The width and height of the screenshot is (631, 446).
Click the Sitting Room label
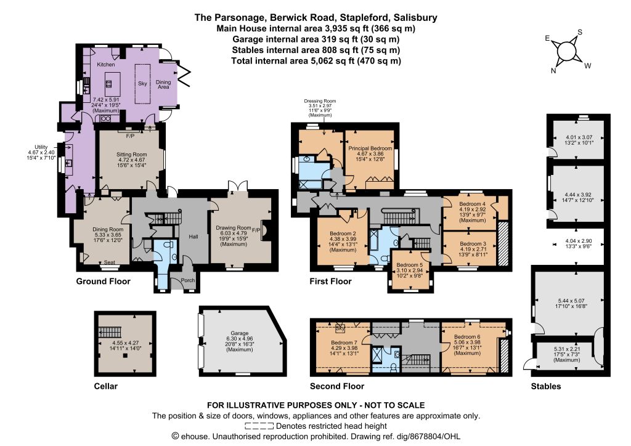click(132, 155)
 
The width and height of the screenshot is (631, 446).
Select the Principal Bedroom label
click(370, 148)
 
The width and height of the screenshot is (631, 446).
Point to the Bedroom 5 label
click(410, 265)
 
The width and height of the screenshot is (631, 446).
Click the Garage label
click(240, 333)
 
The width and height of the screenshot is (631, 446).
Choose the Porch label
click(188, 280)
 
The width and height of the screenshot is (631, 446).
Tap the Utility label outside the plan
click(41, 147)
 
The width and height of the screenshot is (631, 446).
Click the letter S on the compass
click(580, 32)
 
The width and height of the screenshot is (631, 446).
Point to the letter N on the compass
click(554, 71)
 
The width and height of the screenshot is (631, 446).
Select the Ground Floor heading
click(104, 281)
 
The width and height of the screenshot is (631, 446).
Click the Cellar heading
click(106, 386)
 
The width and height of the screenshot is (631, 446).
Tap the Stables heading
click(546, 386)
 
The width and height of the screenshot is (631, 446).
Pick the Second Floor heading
click(337, 386)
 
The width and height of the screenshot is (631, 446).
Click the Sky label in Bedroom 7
click(340, 328)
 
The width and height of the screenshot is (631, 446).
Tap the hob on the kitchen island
click(109, 84)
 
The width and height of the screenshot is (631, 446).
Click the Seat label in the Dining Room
click(110, 262)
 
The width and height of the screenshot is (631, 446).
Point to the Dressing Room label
click(320, 101)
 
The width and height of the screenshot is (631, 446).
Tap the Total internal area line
click(316, 61)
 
